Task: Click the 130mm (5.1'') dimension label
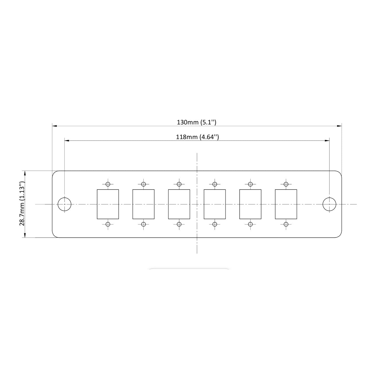[x=196, y=122]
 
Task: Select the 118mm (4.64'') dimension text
[x=198, y=137]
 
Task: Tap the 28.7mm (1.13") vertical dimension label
[x=22, y=204]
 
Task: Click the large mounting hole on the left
[x=65, y=204]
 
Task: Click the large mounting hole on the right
[x=329, y=204]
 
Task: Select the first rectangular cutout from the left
[x=108, y=204]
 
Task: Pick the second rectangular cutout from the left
[x=143, y=204]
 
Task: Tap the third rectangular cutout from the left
[x=179, y=204]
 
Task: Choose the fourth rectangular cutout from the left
[x=214, y=204]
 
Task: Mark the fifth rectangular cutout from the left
[x=250, y=204]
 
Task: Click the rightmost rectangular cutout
[x=286, y=204]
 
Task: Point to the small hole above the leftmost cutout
[x=108, y=184]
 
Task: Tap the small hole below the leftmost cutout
[x=108, y=224]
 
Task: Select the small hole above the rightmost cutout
[x=286, y=184]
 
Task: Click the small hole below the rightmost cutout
[x=286, y=224]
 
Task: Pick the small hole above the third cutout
[x=179, y=184]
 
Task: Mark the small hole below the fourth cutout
[x=214, y=224]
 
